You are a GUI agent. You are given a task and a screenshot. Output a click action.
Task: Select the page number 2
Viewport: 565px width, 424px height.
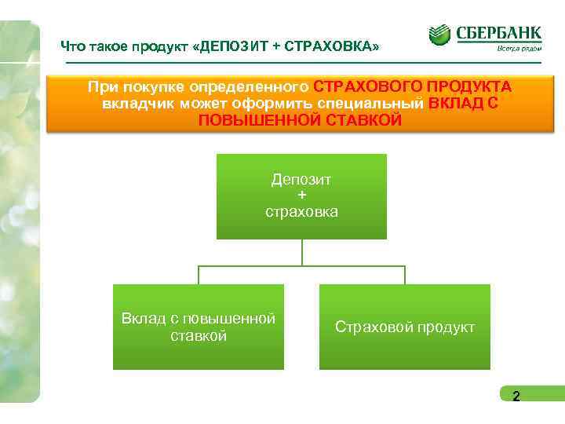pyautogui.click(x=516, y=397)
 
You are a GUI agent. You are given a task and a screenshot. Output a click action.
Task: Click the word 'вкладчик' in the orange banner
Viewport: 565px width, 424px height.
pyautogui.click(x=131, y=104)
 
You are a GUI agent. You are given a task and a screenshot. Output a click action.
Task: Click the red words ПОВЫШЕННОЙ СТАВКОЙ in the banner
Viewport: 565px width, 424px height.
pyautogui.click(x=301, y=121)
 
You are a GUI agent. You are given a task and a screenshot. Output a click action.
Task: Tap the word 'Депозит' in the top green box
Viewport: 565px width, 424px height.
pyautogui.click(x=301, y=179)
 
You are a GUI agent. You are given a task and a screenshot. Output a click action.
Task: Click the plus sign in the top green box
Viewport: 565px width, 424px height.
pyautogui.click(x=301, y=195)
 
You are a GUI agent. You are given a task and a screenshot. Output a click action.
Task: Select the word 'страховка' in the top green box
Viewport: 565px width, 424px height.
pyautogui.click(x=301, y=211)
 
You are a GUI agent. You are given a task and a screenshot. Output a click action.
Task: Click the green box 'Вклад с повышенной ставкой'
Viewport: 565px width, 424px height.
pyautogui.click(x=199, y=327)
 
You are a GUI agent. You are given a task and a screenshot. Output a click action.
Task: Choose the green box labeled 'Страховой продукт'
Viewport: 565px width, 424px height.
pyautogui.click(x=404, y=327)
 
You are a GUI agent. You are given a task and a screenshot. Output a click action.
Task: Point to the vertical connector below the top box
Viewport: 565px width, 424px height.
pyautogui.click(x=302, y=252)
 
